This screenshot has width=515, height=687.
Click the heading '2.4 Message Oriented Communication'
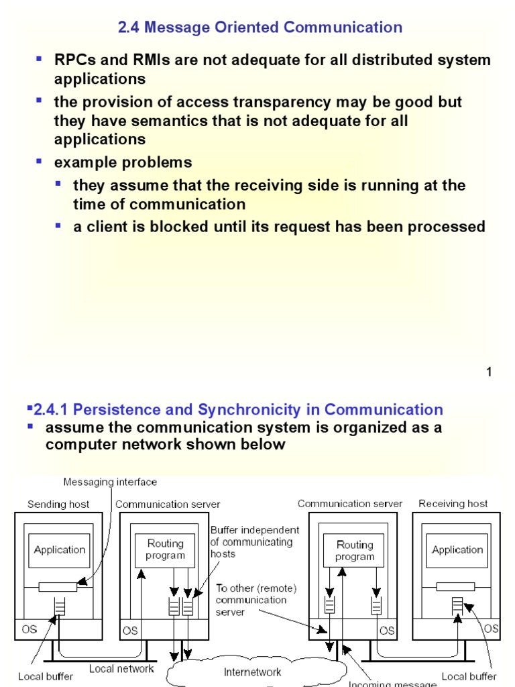(x=260, y=28)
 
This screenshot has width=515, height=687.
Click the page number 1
(x=489, y=372)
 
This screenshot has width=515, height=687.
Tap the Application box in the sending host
(x=60, y=550)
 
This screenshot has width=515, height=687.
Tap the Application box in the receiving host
(x=457, y=550)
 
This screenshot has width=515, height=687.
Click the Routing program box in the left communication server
(x=165, y=549)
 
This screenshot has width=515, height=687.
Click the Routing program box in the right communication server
(x=355, y=550)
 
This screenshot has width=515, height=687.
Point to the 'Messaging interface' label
(x=110, y=482)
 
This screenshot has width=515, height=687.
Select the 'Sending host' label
(x=58, y=504)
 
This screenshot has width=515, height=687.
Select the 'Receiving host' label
(x=453, y=503)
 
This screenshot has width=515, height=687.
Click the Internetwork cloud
(x=252, y=672)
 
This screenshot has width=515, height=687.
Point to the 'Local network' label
(x=121, y=668)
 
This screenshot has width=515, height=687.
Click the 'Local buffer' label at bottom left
(x=46, y=676)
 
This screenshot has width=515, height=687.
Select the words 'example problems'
(x=123, y=162)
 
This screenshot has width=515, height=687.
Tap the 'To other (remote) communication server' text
(x=255, y=600)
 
